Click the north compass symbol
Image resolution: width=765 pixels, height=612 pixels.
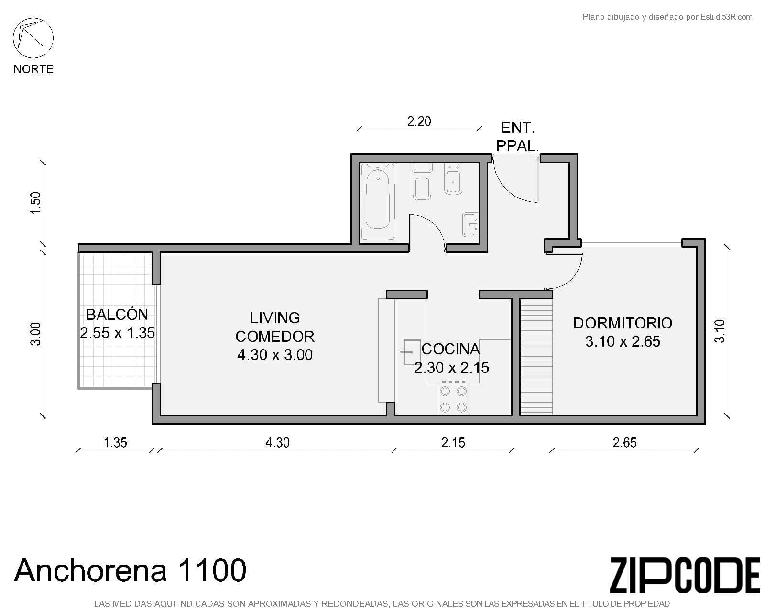tap(33, 38)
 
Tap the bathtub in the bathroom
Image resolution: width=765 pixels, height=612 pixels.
tap(378, 201)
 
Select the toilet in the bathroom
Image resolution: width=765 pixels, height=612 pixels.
tap(422, 181)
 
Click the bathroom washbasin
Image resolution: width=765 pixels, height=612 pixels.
tap(470, 224)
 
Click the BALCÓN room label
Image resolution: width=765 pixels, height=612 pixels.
tap(117, 324)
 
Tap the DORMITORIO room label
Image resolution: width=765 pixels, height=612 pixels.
tap(623, 332)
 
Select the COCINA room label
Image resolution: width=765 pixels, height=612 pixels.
tap(451, 359)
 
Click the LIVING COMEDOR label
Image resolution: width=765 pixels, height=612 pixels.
tap(275, 336)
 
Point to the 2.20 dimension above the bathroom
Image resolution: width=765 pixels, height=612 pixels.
tap(419, 121)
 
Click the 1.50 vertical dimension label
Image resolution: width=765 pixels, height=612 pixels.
tap(36, 203)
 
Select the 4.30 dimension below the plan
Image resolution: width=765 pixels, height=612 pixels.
tap(277, 443)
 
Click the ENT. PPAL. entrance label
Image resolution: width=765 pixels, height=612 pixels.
tap(518, 137)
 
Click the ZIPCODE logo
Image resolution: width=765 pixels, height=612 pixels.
tap(685, 575)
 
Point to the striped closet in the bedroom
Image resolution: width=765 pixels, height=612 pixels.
tap(536, 357)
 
